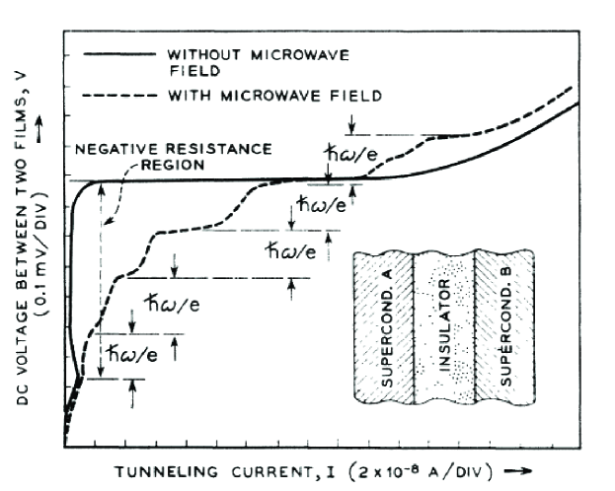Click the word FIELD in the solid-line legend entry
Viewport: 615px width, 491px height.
[x=187, y=70]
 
